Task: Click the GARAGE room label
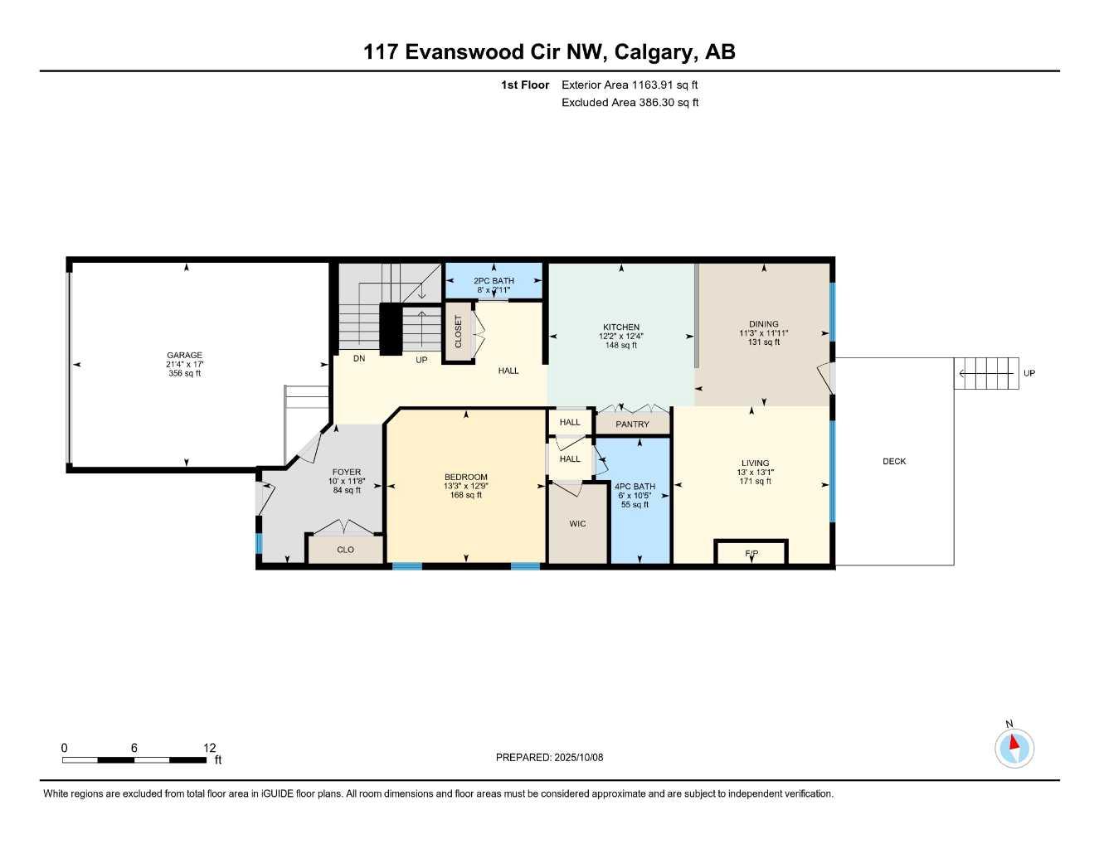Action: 184,356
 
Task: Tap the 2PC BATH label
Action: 494,281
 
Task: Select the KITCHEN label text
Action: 621,327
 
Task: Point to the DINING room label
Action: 763,324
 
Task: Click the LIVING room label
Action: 755,463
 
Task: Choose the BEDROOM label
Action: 465,477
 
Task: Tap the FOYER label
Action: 347,473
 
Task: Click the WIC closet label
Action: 577,524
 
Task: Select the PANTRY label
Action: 632,424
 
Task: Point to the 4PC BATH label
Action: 635,487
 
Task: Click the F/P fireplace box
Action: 751,553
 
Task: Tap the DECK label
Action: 894,462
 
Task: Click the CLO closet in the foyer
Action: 345,550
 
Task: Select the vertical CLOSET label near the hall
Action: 458,332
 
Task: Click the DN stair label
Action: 359,359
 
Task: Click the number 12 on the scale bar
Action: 209,748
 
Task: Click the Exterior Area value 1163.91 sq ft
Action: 664,85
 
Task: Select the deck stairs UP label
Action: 1028,373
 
